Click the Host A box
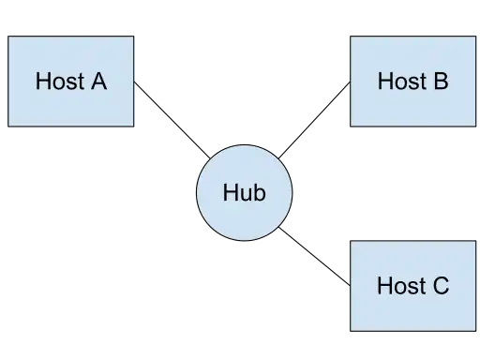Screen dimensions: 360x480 (71, 81)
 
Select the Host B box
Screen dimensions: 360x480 (412, 81)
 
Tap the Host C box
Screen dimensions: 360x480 (412, 286)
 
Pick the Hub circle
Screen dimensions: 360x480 (244, 193)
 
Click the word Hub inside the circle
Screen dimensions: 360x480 (244, 193)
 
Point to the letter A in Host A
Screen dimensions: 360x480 (98, 81)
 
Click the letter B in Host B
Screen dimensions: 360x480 (441, 81)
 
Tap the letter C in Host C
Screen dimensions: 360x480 (441, 286)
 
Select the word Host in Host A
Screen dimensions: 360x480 (58, 81)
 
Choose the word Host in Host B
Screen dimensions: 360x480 (400, 81)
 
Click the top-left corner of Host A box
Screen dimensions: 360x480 (9, 37)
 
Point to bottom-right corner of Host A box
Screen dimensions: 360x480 (133, 126)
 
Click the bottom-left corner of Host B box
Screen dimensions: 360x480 (351, 126)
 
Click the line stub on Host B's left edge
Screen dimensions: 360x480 (346, 85)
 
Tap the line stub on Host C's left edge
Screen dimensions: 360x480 (346, 280)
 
